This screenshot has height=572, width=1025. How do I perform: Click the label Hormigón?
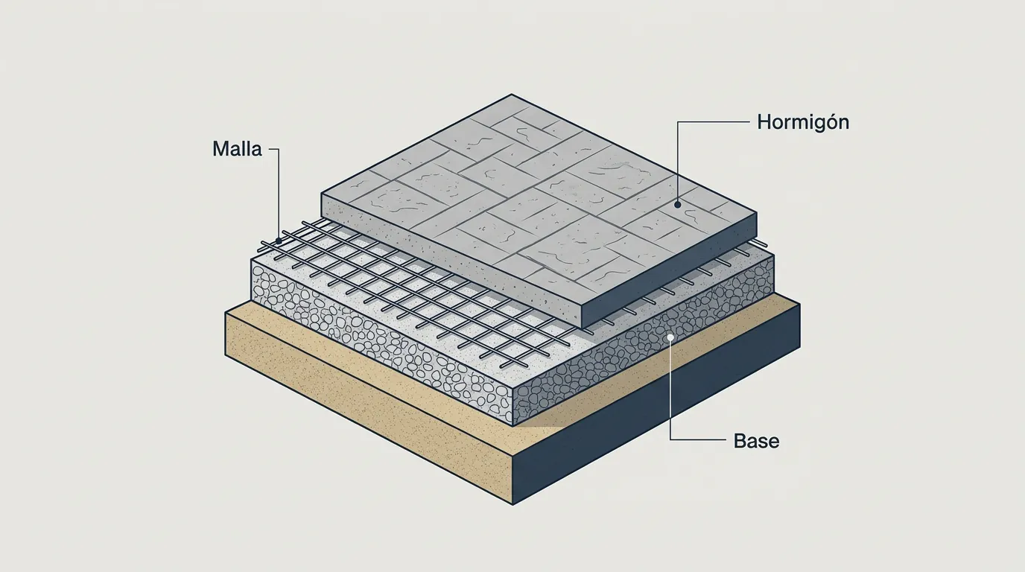pos(803,122)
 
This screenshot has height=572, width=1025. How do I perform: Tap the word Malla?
pos(237,149)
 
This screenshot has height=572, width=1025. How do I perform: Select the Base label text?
pos(756,441)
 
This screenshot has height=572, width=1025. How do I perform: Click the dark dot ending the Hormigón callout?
pos(678,205)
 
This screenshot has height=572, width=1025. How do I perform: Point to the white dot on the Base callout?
pos(670,337)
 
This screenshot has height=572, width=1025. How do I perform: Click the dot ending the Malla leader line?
pos(278,241)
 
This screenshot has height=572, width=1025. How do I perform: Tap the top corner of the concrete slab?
pos(511,95)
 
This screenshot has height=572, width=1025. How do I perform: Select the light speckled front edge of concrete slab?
pos(451,261)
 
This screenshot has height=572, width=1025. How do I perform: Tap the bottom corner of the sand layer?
pos(513,505)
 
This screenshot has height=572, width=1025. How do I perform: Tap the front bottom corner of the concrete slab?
pos(582,328)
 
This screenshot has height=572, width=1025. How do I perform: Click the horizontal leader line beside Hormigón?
pos(714,121)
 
